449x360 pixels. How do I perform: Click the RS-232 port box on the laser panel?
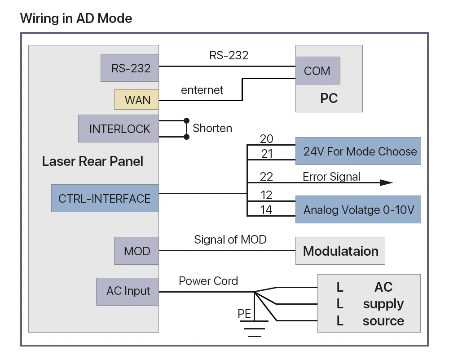[x=130, y=68]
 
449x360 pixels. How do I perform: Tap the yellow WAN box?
[x=136, y=100]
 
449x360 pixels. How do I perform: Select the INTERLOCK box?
[x=119, y=129]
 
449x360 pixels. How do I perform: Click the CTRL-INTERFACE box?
[x=105, y=198]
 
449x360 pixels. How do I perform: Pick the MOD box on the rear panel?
[x=136, y=251]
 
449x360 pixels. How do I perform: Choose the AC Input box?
[x=128, y=292]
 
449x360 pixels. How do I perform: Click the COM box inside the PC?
[x=318, y=71]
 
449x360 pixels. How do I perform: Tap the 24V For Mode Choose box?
[x=358, y=151]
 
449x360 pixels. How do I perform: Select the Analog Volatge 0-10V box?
[x=358, y=209]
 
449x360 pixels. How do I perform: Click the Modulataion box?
[x=340, y=251]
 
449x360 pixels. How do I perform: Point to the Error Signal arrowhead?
[x=387, y=182]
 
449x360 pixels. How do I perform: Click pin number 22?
[x=266, y=177]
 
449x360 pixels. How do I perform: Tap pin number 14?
[x=266, y=210]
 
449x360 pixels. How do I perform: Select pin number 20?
[x=267, y=139]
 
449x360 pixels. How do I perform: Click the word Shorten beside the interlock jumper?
[x=212, y=128]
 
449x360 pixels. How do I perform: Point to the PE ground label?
[x=244, y=314]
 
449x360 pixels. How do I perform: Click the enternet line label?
[x=202, y=90]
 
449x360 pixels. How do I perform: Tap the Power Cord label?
[x=208, y=281]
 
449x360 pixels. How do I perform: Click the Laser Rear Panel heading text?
[x=92, y=161]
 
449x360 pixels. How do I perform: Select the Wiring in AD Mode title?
[x=76, y=18]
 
